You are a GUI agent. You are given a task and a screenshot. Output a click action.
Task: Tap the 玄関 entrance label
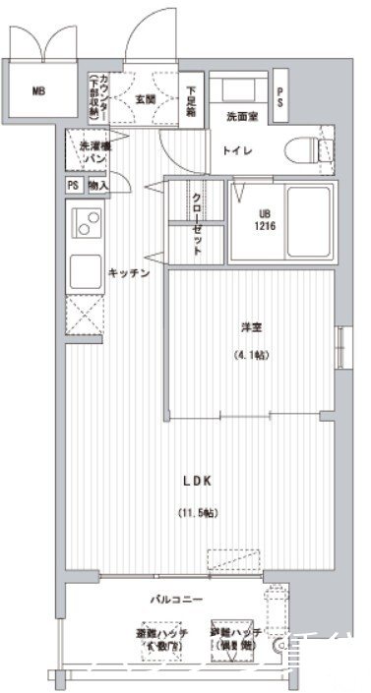coord(145,98)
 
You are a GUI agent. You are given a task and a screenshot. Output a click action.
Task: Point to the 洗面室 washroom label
coord(241,117)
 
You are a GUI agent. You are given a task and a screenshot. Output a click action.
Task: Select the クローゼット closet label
coord(197,224)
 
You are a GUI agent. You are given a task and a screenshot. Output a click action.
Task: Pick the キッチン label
coord(129,273)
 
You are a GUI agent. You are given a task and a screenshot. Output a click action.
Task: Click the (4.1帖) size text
coord(249,355)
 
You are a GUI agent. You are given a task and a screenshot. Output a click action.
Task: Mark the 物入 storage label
coord(98,185)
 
